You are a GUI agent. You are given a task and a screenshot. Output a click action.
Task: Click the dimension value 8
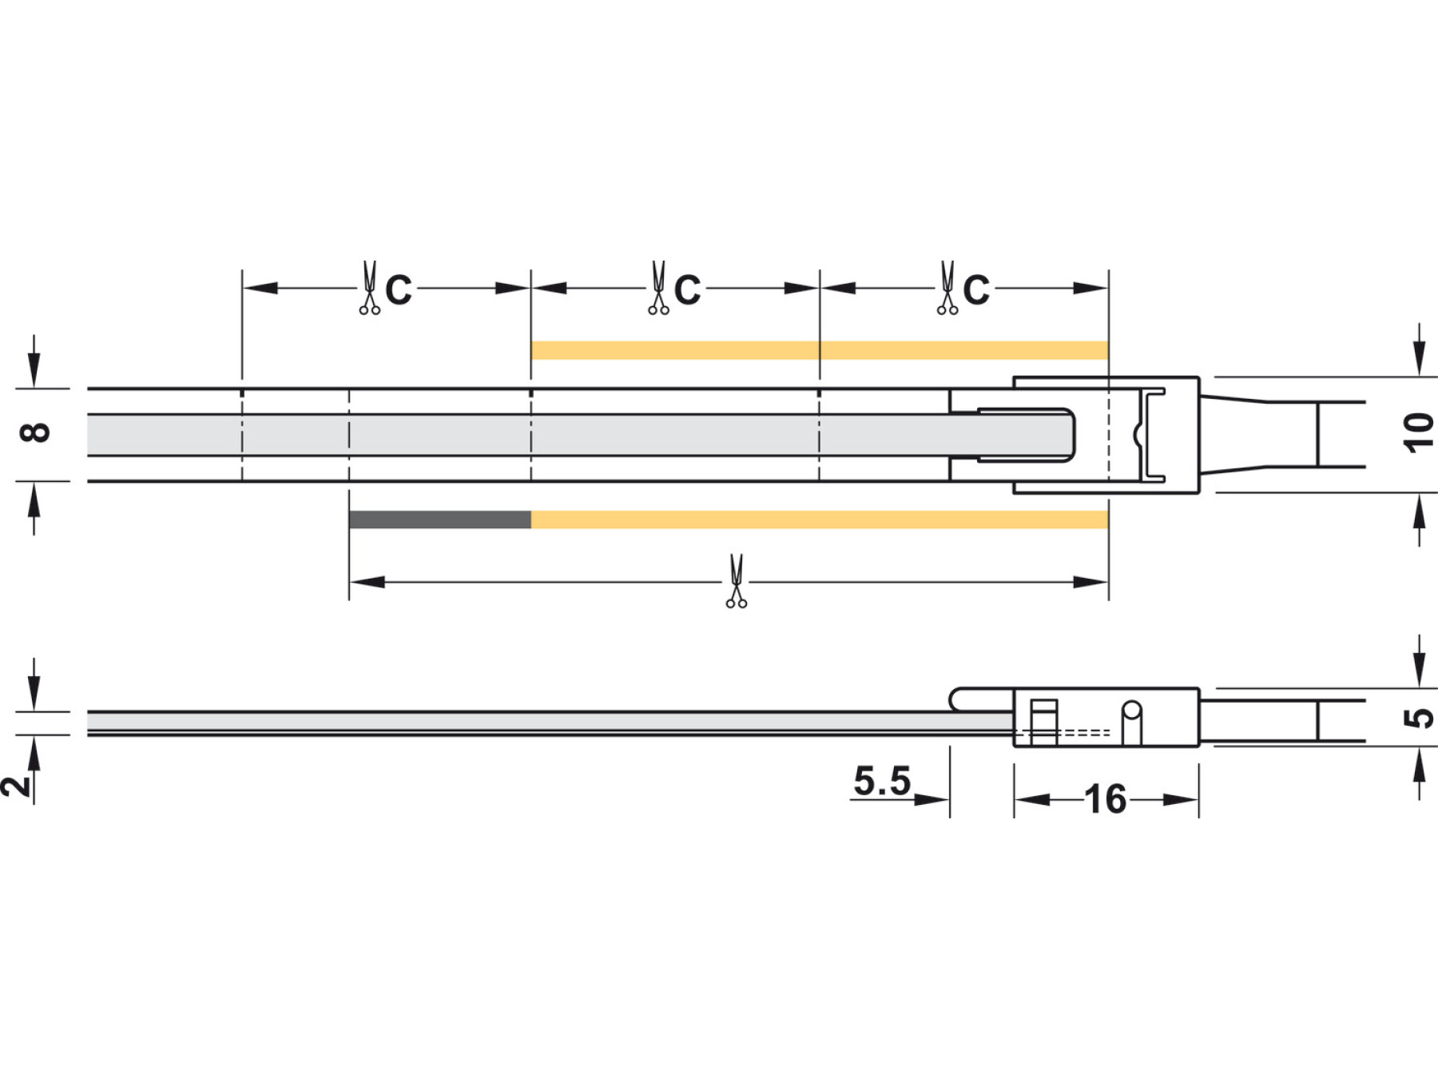coord(35,433)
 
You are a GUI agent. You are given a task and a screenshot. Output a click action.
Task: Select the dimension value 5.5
coord(882,781)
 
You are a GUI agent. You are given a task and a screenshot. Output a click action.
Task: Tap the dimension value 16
coord(1106,799)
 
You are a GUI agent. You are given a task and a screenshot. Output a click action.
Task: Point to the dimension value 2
coord(16,786)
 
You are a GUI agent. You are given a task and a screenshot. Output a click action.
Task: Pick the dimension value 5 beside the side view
coord(1419,718)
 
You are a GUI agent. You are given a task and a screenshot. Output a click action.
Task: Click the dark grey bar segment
coord(440,520)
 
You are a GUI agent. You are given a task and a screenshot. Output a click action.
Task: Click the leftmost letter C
coord(399,289)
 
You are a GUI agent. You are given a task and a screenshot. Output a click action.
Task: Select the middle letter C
coord(687,289)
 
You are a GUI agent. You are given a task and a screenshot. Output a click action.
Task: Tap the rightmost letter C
coord(976,289)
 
